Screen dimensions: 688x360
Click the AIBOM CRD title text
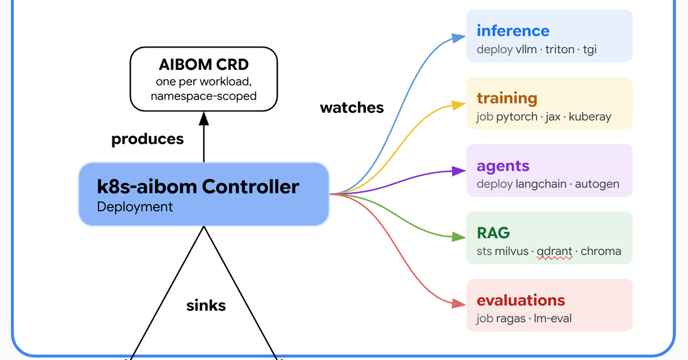coord(204,65)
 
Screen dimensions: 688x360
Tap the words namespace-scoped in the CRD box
coord(204,96)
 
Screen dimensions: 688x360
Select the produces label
coord(147,139)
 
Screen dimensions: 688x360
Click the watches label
coord(351,108)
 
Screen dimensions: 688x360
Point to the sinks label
coord(206,306)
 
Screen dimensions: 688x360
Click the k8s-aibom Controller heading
coord(198,186)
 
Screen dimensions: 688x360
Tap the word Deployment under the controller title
coord(135,207)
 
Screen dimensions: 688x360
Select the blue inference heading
coord(513,31)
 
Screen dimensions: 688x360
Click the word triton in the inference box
coord(560,49)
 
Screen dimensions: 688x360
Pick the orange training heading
coord(507,98)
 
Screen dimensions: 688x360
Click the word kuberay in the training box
coord(590,117)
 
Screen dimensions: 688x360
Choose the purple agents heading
coord(503,166)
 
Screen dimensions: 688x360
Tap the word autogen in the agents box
coord(597,184)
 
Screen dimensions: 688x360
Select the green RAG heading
coord(493,233)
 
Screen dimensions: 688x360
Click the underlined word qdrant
coord(554,252)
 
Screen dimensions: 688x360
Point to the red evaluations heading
coord(521,300)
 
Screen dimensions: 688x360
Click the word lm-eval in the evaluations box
coord(553,319)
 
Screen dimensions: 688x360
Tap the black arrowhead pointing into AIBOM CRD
coord(204,119)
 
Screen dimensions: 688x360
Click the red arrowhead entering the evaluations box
coord(459,304)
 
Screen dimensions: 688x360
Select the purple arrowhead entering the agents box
coord(459,171)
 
